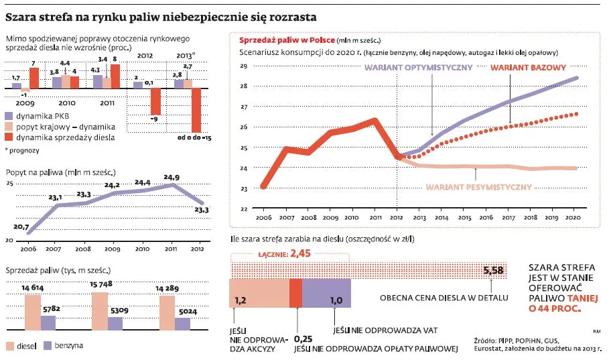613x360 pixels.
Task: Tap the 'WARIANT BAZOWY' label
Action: tap(529, 68)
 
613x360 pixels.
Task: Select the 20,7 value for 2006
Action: tap(21, 228)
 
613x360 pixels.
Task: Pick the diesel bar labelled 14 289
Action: tap(167, 314)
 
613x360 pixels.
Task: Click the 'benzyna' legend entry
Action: tap(67, 346)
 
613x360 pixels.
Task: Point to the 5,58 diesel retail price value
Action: tap(493, 270)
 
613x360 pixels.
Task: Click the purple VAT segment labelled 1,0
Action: tap(327, 294)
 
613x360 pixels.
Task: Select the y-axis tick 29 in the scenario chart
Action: tap(244, 66)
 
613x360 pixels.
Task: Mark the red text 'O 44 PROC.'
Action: tap(554, 309)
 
